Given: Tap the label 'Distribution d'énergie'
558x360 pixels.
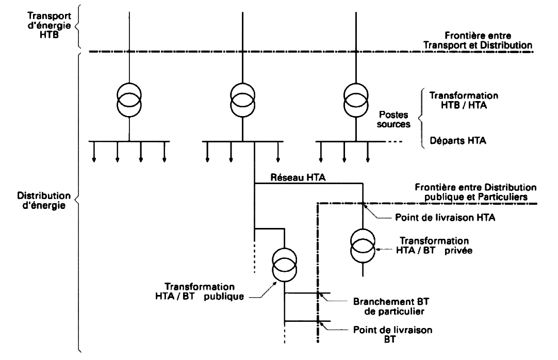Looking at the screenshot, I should pos(44,201).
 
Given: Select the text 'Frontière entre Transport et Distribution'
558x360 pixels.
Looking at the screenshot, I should pos(478,41).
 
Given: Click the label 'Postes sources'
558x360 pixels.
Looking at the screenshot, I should pos(395,119).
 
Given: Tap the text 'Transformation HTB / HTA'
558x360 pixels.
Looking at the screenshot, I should pos(464,100).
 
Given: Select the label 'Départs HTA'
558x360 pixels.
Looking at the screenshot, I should pos(457,140).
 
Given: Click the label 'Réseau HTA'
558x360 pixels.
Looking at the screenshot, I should pos(298,177).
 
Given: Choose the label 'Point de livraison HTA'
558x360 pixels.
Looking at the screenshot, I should pos(445,218).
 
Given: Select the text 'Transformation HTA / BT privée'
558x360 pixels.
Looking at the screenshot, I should pos(434,246).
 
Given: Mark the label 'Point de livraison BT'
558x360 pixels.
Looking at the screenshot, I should pos(392,335).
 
